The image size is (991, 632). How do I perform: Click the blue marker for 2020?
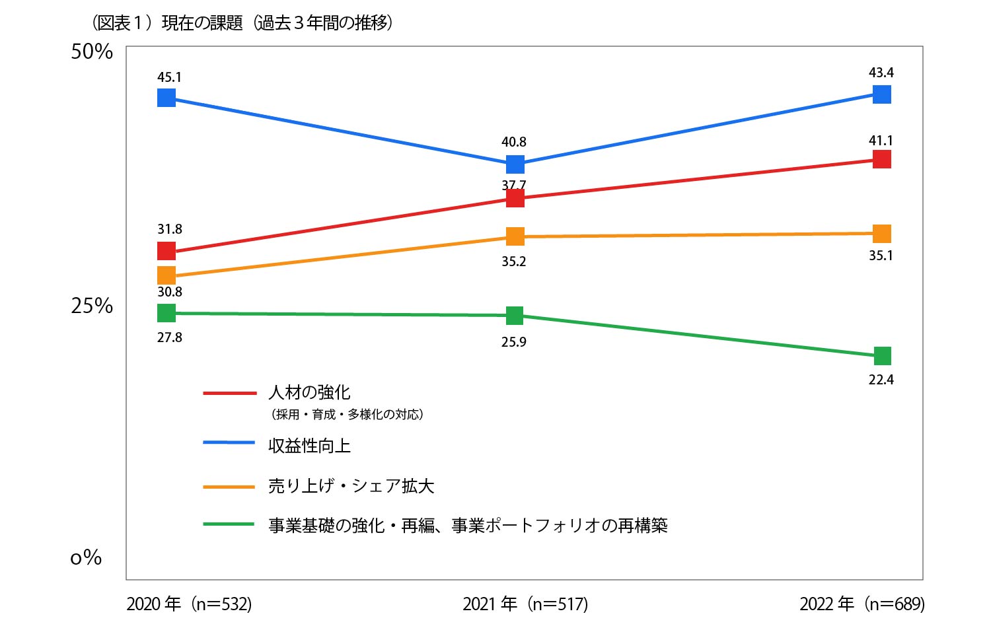(x=166, y=98)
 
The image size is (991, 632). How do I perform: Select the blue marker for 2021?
(x=515, y=164)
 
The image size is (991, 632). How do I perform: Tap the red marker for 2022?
(x=882, y=159)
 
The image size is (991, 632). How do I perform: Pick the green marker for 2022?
(x=882, y=356)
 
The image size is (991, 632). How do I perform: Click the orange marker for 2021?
(x=515, y=236)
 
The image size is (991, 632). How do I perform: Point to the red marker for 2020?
(x=166, y=251)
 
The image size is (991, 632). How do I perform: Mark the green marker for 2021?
(x=515, y=316)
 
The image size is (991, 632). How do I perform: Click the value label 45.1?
(x=169, y=77)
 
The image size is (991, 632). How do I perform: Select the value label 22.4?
(x=881, y=380)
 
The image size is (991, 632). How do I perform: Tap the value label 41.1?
(x=881, y=141)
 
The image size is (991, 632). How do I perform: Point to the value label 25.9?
(x=513, y=342)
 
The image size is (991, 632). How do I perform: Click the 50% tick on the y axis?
(x=92, y=52)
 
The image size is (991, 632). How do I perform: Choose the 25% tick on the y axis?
(x=92, y=306)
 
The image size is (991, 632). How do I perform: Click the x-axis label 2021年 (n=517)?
(x=525, y=604)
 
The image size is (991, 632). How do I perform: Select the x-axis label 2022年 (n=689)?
(x=862, y=604)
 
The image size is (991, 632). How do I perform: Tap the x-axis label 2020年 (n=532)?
(x=189, y=604)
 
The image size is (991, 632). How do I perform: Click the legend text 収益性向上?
(x=309, y=446)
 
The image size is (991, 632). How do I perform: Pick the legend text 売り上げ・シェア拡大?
(x=351, y=486)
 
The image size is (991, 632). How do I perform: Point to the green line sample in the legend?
(x=229, y=524)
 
